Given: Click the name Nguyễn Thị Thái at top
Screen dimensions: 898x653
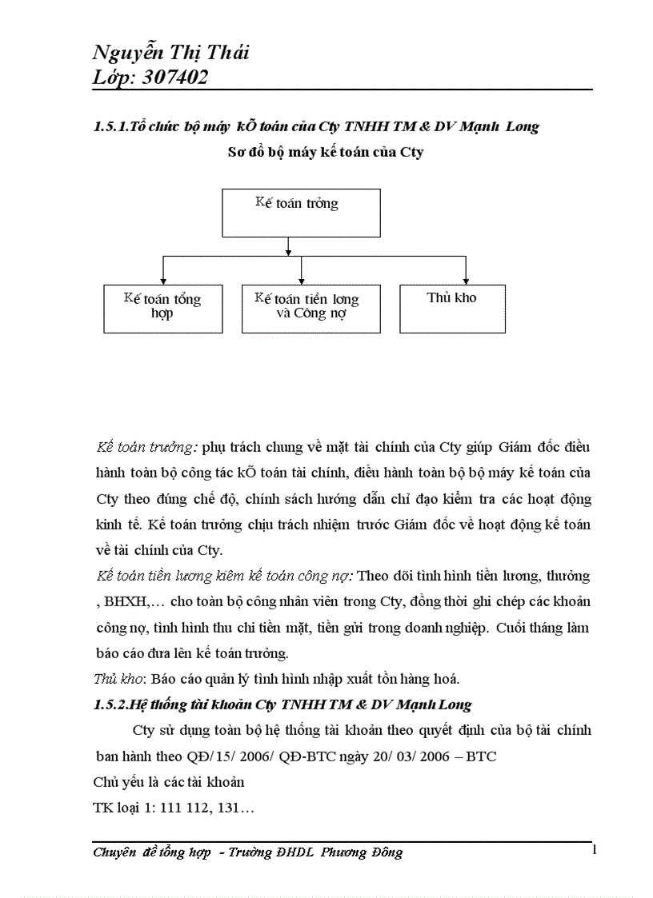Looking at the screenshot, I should click(170, 54).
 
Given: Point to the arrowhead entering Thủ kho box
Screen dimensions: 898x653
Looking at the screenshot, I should click(466, 280).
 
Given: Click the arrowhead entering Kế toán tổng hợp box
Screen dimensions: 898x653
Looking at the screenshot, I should click(162, 280).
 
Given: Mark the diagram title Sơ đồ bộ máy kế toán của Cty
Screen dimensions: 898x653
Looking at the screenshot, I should click(326, 153).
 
